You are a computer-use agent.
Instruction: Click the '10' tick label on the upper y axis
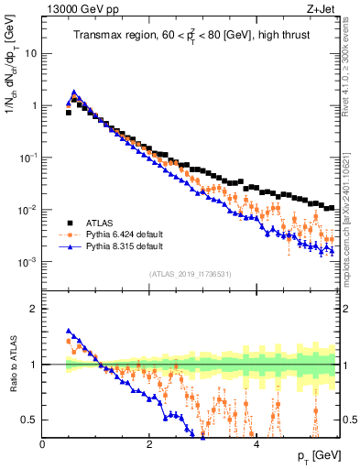(31, 53)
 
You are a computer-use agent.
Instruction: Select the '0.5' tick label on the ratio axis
(30, 420)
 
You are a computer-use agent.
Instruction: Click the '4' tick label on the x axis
(256, 445)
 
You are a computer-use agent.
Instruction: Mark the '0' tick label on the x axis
(43, 445)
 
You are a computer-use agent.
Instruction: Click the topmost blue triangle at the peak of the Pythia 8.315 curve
(73, 93)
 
